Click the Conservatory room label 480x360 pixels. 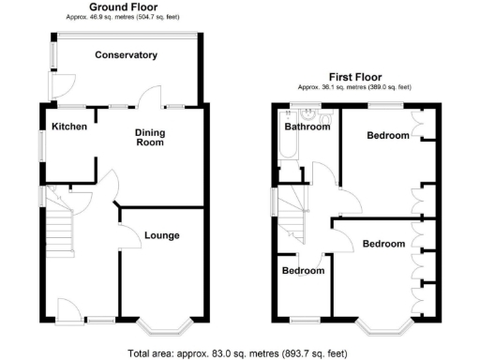click(126, 55)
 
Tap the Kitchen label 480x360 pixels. click(69, 127)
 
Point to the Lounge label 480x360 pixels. click(161, 235)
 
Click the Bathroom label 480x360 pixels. click(307, 127)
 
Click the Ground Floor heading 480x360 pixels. click(123, 7)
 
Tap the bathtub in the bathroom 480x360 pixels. click(284, 150)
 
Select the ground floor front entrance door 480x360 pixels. click(68, 310)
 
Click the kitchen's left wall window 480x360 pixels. click(41, 148)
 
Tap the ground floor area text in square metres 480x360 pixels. click(123, 17)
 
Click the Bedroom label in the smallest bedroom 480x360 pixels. click(304, 271)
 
